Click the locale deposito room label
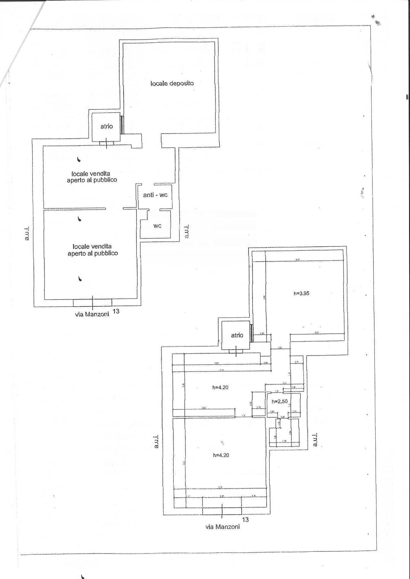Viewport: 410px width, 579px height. tap(172, 83)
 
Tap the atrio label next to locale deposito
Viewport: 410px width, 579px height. tap(107, 126)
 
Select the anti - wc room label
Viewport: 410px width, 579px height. tap(155, 195)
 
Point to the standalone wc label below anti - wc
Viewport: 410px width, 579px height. tap(157, 226)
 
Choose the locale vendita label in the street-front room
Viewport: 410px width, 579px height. tap(92, 250)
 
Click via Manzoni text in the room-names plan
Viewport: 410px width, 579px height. tap(92, 314)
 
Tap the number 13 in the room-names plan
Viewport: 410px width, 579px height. tap(116, 311)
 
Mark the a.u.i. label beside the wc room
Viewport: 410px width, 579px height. tap(187, 231)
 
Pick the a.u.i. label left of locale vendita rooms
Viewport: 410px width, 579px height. tap(27, 233)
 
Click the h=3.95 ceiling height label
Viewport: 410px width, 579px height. tap(301, 293)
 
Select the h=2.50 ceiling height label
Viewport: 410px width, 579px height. tap(279, 401)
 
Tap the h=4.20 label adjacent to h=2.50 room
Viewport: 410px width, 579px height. tap(220, 388)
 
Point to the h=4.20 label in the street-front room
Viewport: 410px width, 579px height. tap(221, 455)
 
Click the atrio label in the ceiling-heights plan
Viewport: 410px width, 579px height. tap(237, 335)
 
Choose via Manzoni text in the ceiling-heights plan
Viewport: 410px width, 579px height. tap(223, 527)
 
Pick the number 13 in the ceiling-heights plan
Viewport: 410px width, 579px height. tap(245, 519)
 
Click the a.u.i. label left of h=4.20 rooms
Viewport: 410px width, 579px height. tap(156, 441)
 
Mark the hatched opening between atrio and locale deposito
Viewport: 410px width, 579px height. tap(122, 125)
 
